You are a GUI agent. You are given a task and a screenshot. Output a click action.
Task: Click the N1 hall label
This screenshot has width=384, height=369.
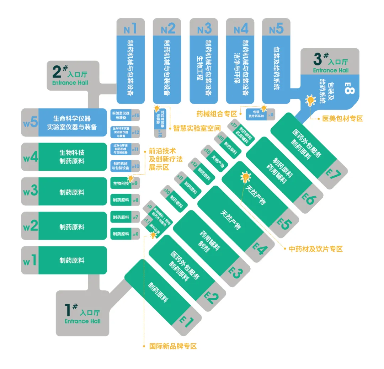pos(130,28)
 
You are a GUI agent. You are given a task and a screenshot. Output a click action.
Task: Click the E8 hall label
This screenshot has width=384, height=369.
pos(349,88)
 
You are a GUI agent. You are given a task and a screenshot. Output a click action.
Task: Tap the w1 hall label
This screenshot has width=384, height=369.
pos(30,261)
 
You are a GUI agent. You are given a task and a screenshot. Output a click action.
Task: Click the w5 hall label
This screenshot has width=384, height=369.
pos(30,123)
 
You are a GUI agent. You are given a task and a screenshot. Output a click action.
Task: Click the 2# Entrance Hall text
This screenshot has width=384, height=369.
pos(70,76)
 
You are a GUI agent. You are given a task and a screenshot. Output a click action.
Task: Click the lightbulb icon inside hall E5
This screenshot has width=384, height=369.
pos(245,176)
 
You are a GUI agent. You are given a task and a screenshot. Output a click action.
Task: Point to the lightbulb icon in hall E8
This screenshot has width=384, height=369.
pos(310,101)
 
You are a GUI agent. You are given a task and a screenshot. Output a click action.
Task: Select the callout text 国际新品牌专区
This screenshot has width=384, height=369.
pos(173,346)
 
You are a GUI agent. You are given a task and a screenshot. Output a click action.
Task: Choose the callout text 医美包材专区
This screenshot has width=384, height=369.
pos(342,119)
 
